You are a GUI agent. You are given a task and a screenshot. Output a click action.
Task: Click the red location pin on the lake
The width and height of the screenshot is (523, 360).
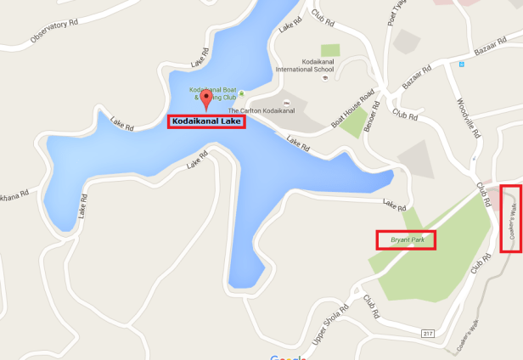[204, 101]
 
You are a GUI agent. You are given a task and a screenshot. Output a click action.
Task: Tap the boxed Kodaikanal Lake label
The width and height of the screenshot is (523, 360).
[206, 122]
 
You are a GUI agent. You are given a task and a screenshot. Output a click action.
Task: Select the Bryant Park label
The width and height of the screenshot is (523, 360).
[407, 240]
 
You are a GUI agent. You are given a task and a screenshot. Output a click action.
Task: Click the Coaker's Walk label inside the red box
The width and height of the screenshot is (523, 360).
[511, 218]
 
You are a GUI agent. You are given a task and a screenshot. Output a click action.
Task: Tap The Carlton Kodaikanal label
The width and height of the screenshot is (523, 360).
[261, 110]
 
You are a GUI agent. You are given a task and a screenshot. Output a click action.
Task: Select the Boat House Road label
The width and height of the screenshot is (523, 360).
[352, 110]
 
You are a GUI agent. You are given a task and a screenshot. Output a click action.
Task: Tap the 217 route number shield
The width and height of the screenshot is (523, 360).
[428, 334]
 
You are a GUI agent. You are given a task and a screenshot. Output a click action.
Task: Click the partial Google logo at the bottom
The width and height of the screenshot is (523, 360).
[289, 357]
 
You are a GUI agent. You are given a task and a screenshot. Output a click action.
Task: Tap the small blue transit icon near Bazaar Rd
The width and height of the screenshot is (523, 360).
[460, 64]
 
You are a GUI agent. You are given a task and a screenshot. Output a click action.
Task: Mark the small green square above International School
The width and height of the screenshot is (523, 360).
[330, 50]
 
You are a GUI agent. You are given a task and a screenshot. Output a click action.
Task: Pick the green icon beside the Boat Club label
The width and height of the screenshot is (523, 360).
[242, 93]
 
